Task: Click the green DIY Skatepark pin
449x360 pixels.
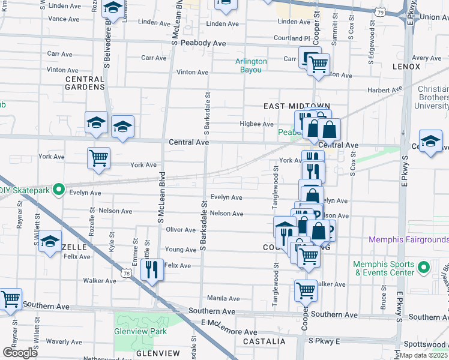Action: click(58, 190)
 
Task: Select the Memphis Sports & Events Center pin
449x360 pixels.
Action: click(423, 267)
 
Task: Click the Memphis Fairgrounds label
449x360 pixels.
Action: click(408, 239)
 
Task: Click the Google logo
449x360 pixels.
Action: click(19, 353)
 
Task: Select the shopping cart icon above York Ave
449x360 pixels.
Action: click(98, 158)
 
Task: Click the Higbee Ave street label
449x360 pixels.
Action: click(257, 124)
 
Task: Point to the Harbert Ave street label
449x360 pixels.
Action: click(384, 91)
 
